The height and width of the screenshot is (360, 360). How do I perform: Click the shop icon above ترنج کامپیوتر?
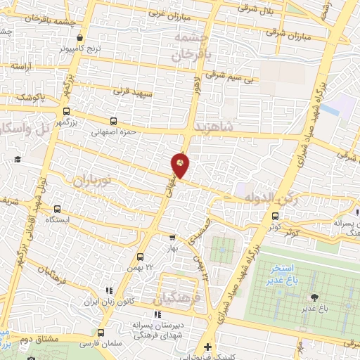[79, 39]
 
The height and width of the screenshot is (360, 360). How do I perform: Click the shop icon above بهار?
[172, 237]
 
